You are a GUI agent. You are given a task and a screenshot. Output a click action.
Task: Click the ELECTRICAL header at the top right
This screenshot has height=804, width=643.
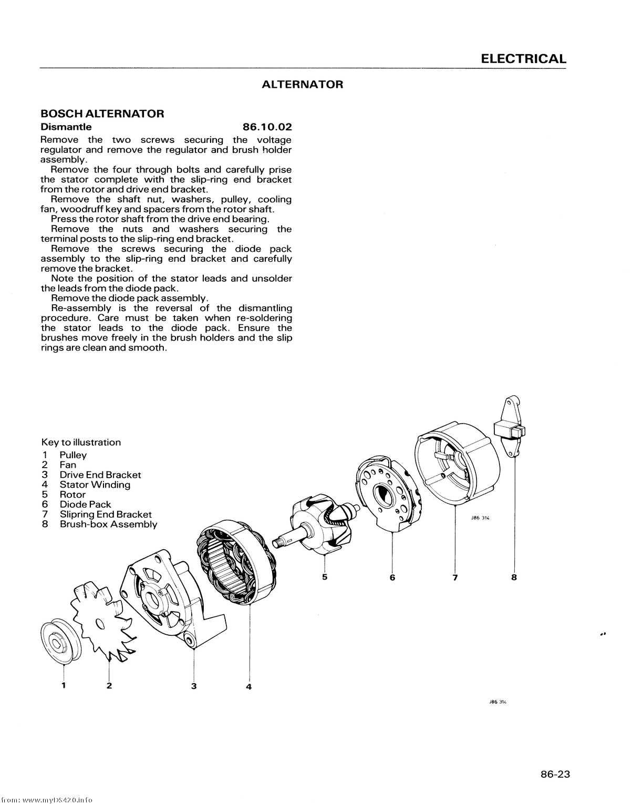click(x=523, y=59)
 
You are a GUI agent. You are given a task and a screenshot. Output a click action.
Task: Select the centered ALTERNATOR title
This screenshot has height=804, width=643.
click(x=302, y=85)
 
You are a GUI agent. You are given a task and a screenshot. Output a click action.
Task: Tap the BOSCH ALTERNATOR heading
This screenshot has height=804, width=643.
click(x=102, y=114)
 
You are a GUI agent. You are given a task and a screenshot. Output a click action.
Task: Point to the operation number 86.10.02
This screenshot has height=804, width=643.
click(x=267, y=127)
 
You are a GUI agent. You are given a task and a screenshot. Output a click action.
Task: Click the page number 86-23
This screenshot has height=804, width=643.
click(x=555, y=774)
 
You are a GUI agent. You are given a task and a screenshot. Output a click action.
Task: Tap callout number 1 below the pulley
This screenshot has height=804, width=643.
click(x=64, y=685)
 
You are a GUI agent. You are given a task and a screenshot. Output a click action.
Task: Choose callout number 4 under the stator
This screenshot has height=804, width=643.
click(x=249, y=687)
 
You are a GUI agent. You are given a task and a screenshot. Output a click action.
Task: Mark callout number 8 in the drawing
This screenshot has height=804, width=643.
click(x=514, y=578)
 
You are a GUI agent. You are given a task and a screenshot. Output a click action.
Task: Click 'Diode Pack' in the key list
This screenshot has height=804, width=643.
click(x=85, y=504)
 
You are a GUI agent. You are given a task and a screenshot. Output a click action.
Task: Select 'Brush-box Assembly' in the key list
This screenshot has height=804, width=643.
click(x=108, y=524)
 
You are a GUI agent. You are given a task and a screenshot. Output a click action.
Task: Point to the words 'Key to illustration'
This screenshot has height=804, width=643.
click(x=81, y=442)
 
